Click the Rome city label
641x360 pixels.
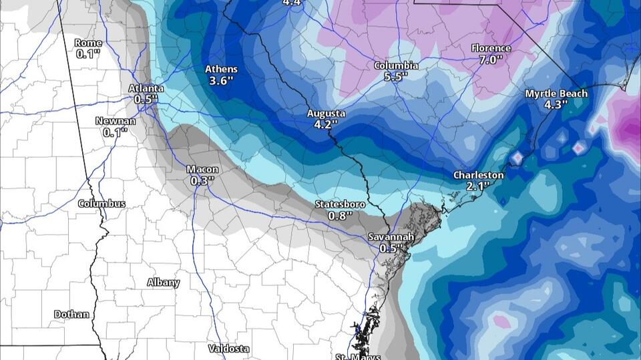pyautogui.click(x=87, y=43)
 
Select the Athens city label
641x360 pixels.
pyautogui.click(x=221, y=69)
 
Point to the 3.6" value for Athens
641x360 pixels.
pyautogui.click(x=221, y=81)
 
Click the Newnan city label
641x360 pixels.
pyautogui.click(x=116, y=121)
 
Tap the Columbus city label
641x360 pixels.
pyautogui.click(x=101, y=203)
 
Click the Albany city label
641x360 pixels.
pyautogui.click(x=164, y=283)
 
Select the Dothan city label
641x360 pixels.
pyautogui.click(x=72, y=314)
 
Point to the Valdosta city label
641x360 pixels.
pyautogui.click(x=228, y=349)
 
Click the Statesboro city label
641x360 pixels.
pyautogui.click(x=341, y=204)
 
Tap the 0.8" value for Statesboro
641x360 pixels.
pyautogui.click(x=341, y=215)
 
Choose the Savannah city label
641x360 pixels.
pyautogui.click(x=392, y=237)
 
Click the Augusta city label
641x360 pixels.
pyautogui.click(x=327, y=113)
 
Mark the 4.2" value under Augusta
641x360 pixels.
pyautogui.click(x=327, y=124)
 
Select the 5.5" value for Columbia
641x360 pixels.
pyautogui.click(x=396, y=77)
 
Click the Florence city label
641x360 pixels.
pyautogui.click(x=491, y=48)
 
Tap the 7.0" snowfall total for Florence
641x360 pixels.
pyautogui.click(x=491, y=59)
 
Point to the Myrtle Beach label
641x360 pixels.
pyautogui.click(x=556, y=94)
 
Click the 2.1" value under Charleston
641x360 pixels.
pyautogui.click(x=479, y=186)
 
